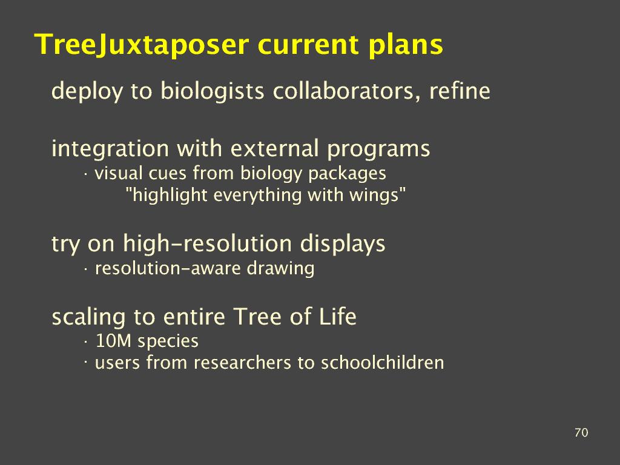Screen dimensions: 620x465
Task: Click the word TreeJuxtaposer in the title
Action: [x=142, y=45]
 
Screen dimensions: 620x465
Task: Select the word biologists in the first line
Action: [x=213, y=91]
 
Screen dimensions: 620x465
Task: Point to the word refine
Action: [x=460, y=91]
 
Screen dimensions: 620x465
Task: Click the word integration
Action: [x=110, y=149]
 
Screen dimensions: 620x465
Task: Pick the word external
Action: [x=274, y=148]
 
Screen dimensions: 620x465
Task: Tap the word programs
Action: [x=378, y=150]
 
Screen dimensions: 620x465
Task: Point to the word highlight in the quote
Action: [x=170, y=196]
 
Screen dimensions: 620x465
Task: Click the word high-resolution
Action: [x=207, y=243]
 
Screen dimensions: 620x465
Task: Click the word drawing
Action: [x=280, y=269]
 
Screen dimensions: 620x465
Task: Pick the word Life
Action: [x=338, y=316]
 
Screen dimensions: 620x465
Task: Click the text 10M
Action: [x=113, y=341]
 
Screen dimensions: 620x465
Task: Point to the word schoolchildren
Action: [x=382, y=363]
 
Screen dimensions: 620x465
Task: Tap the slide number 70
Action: [x=581, y=432]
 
